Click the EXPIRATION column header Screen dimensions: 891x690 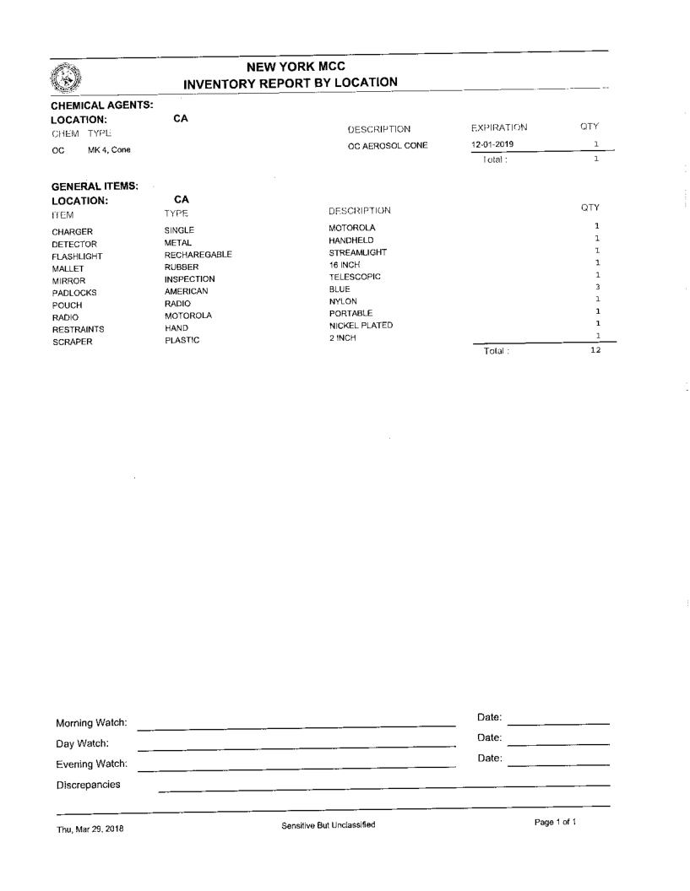click(497, 128)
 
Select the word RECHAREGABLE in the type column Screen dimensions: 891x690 click(198, 254)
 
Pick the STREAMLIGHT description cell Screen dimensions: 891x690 click(357, 251)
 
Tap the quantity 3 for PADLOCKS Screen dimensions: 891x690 click(596, 288)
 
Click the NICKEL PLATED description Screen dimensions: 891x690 click(361, 325)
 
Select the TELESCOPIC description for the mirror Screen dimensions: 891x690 click(355, 276)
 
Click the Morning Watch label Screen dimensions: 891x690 click(91, 723)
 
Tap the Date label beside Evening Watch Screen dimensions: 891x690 click(490, 759)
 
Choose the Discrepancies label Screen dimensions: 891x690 click(88, 785)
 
